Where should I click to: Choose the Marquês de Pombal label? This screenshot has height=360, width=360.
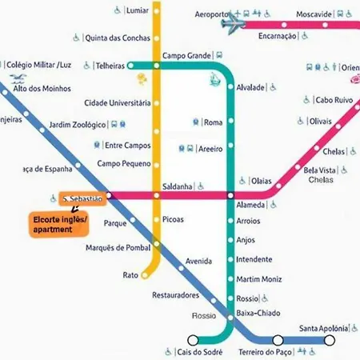coord(117,248)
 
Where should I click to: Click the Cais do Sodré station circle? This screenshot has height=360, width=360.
coord(192,339)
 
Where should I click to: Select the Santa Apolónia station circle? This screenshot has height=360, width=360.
coord(329,339)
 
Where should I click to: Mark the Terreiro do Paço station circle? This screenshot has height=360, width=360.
coord(276,339)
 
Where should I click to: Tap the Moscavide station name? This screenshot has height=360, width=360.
coord(314,15)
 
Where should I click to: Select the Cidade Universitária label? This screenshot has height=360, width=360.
coord(117,103)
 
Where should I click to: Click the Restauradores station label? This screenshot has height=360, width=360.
coord(175,295)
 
